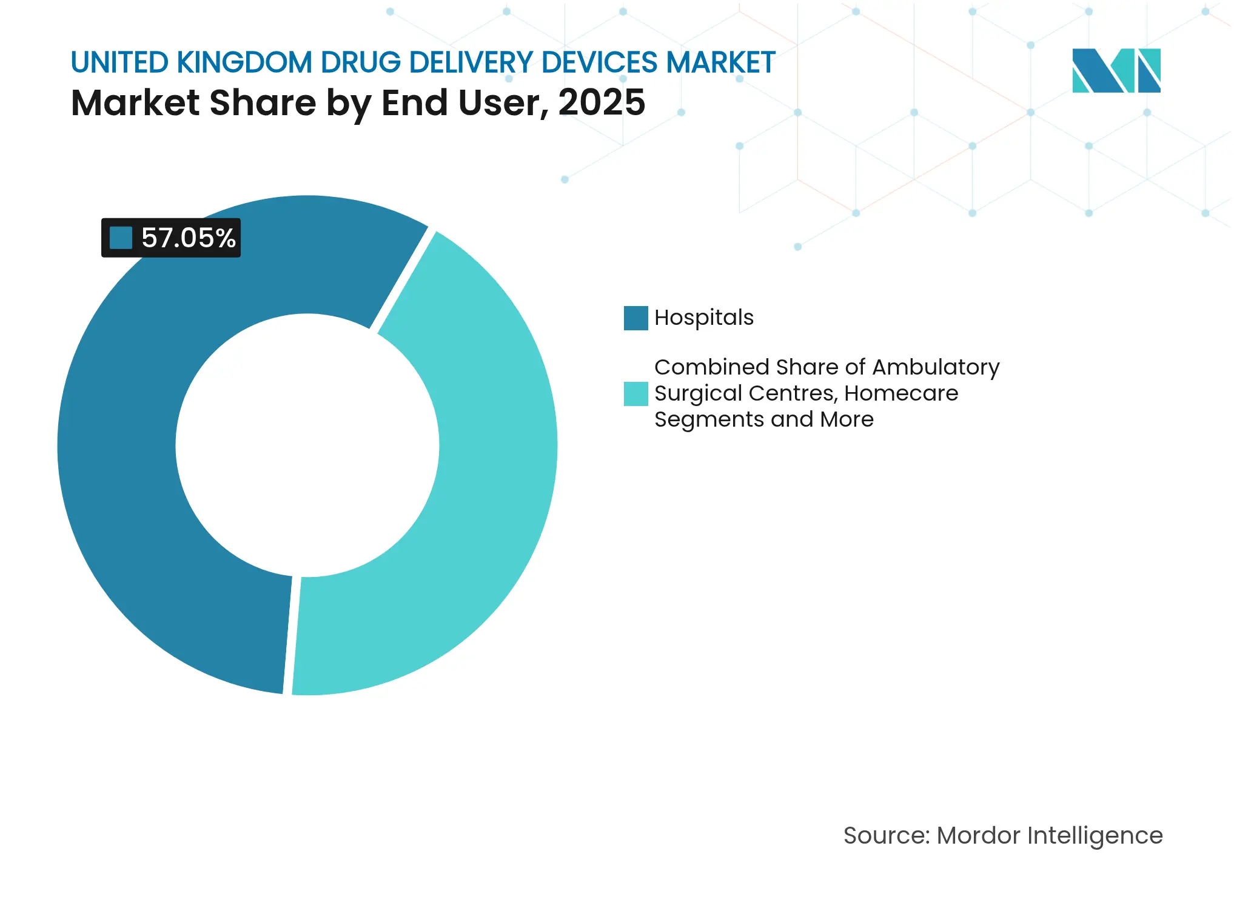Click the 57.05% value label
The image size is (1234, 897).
click(188, 238)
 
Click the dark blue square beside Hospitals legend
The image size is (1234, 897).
click(635, 318)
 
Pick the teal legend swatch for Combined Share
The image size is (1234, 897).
click(635, 393)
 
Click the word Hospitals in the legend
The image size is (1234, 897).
click(703, 318)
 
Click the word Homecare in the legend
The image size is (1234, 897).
click(901, 393)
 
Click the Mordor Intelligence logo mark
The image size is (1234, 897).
click(1116, 70)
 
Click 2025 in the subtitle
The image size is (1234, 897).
click(602, 102)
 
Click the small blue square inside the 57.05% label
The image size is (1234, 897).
click(121, 238)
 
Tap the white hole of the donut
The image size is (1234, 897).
click(307, 445)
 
